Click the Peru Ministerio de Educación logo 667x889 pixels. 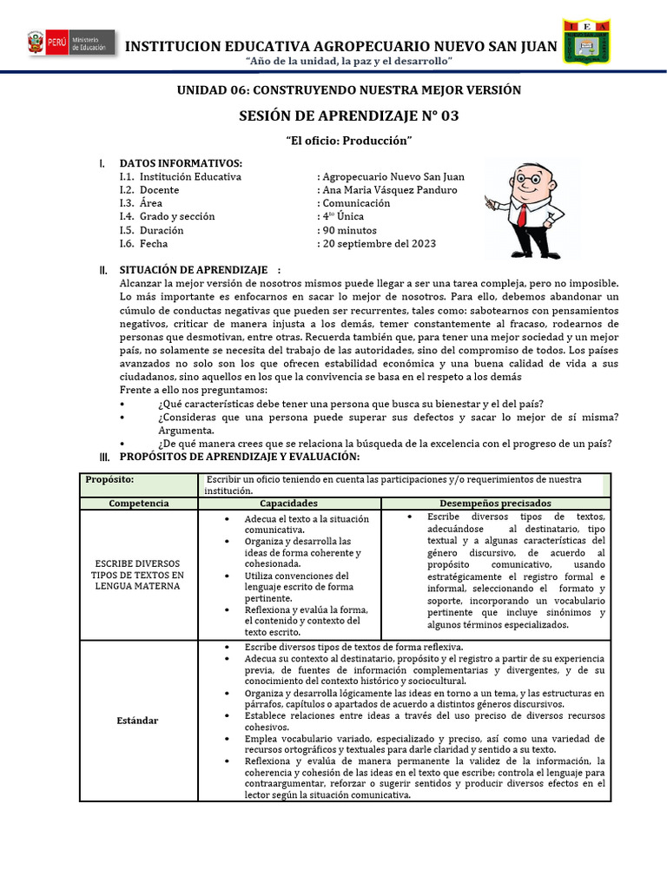coord(69,43)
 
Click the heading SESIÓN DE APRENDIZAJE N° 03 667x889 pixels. coord(348,116)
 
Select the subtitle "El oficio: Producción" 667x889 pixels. coord(348,141)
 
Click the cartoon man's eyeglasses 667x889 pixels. coord(524,181)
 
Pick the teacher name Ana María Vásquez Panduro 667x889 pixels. coord(389,190)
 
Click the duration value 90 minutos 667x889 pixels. coord(348,231)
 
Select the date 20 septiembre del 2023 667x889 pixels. coord(380,244)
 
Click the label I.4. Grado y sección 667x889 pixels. coord(167,217)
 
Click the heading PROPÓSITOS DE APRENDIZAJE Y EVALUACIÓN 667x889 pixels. coord(239,457)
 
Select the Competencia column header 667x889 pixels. coord(139,504)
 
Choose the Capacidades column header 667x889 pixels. coord(289,504)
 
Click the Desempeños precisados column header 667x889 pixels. coord(495,504)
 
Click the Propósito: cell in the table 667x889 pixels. coord(109,479)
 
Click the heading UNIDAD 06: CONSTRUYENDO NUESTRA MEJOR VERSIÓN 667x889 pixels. coord(348,90)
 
